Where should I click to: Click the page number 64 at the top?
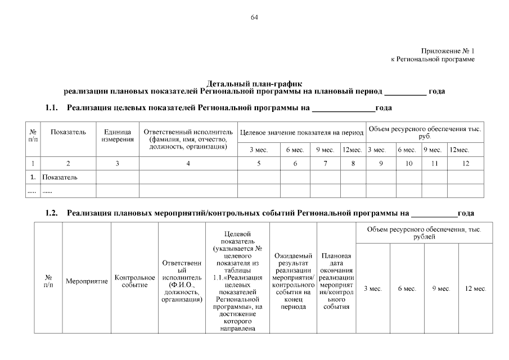pos(254,17)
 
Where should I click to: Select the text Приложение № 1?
pos(448,51)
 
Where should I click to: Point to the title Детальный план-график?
pos(254,83)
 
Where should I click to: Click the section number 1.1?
pos(52,107)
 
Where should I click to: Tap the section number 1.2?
pos(52,213)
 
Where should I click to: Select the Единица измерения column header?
pos(118,136)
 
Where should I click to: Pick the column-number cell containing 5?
pos(259,163)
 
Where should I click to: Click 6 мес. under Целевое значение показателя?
pos(295,150)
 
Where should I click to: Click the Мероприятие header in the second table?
pos(87,281)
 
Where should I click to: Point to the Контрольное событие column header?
pos(134,281)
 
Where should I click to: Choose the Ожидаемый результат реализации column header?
pos(293,281)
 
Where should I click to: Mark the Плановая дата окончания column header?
pos(336,281)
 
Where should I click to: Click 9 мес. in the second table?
pos(441,289)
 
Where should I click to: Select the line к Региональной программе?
pos(433,59)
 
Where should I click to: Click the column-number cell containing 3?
pos(118,163)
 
